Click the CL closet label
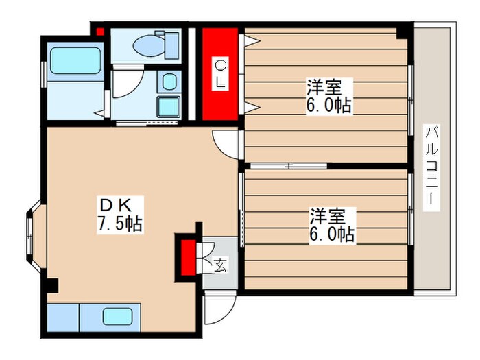pos(220,74)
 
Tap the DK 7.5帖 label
pos(121,215)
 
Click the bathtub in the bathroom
pos(74,62)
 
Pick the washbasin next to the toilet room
pos(167,106)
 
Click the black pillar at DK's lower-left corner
pos(52,285)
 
